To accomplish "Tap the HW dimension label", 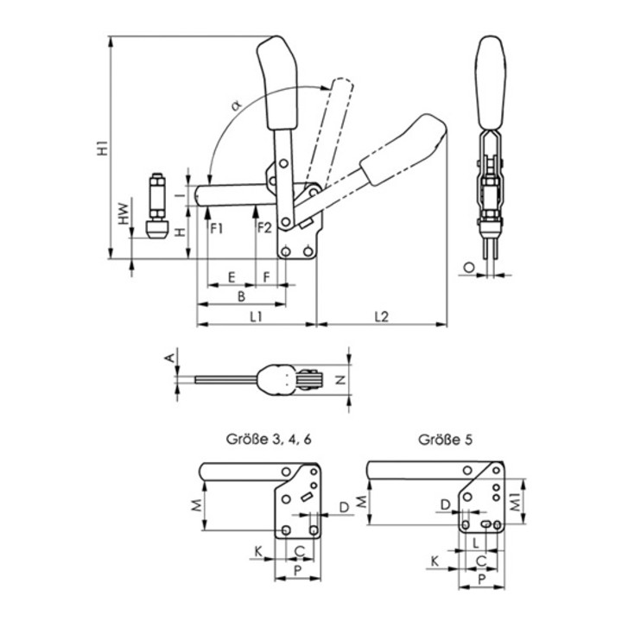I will (124, 216).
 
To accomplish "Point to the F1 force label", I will (216, 228).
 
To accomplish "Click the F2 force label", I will (264, 228).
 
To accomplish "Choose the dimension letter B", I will (241, 295).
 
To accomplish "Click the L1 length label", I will (256, 317).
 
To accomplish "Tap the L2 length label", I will (381, 317).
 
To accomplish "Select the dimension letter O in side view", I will (468, 269).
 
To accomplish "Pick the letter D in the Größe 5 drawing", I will (445, 504).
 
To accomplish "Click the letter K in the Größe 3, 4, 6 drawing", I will (257, 549).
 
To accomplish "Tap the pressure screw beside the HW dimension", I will (156, 207).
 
